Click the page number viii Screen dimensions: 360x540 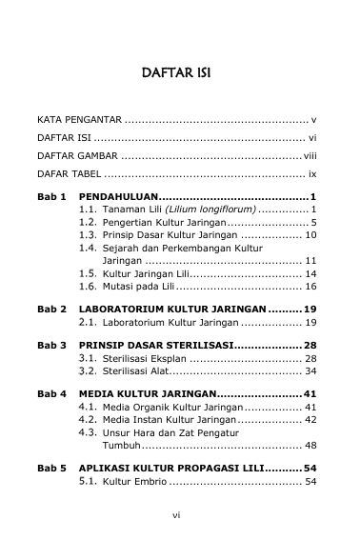click(x=310, y=154)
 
